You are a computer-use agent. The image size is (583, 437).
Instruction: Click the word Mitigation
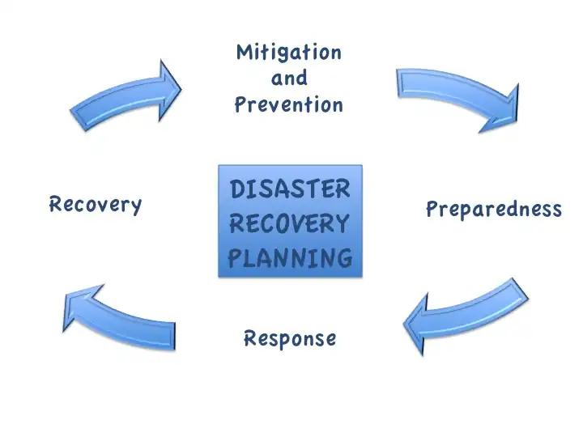coord(289,53)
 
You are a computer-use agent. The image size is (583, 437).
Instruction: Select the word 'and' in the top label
coord(289,78)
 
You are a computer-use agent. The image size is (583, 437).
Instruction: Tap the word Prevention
coord(289,104)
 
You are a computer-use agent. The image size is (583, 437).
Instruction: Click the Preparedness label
coord(493,210)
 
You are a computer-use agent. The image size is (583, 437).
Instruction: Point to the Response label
coord(290,338)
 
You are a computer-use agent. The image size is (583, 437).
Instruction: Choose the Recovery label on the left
coord(96,204)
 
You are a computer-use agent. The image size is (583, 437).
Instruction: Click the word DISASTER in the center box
coord(291,189)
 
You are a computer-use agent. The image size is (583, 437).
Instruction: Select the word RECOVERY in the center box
coord(291,223)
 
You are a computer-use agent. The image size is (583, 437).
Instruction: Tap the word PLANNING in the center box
coord(291,258)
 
